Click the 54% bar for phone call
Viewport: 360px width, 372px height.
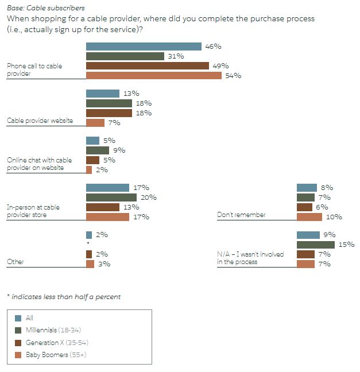point(153,76)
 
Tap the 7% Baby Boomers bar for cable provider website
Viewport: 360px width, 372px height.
point(95,123)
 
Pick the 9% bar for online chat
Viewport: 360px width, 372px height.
point(94,150)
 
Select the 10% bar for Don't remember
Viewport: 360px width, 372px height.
point(309,217)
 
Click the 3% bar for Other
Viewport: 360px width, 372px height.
point(90,264)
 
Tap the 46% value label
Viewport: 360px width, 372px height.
point(214,46)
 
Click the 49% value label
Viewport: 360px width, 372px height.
point(221,66)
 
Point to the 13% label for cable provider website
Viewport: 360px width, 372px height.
point(131,94)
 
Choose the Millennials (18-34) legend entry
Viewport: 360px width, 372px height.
point(55,330)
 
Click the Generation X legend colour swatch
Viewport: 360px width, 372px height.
point(18,343)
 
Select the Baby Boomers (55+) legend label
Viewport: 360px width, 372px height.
point(56,354)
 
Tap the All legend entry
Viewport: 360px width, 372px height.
point(29,317)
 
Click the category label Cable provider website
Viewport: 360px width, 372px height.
point(40,121)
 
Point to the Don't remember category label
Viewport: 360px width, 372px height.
point(241,215)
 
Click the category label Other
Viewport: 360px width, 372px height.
point(16,262)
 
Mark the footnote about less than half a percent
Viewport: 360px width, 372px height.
point(64,297)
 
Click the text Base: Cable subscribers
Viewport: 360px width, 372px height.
point(46,8)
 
